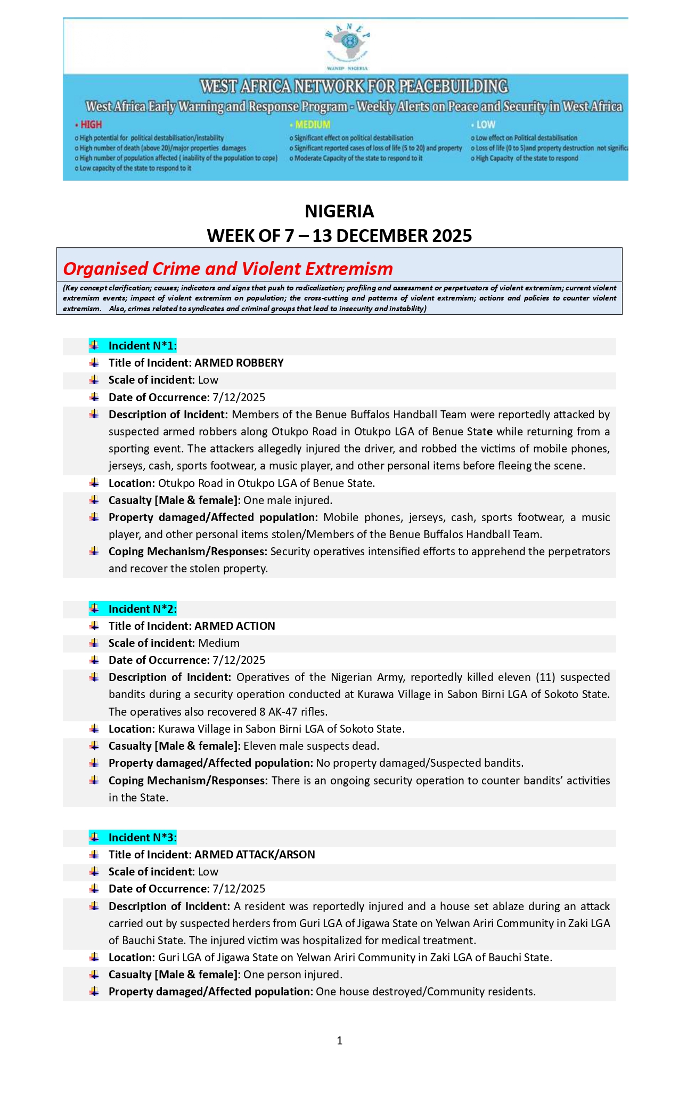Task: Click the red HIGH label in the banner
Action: click(x=91, y=125)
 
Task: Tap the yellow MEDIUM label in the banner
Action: click(x=313, y=125)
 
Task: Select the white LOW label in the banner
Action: click(x=486, y=125)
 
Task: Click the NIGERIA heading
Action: click(x=339, y=212)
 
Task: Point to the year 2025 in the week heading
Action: click(x=452, y=236)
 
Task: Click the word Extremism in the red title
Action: click(x=349, y=269)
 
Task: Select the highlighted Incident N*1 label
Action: click(x=142, y=346)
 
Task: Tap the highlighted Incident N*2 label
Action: click(x=142, y=609)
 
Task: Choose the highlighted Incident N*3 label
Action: click(x=142, y=837)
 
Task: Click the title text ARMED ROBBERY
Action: click(x=239, y=363)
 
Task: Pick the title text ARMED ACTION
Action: click(x=235, y=626)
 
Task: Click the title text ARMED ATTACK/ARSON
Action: click(x=255, y=854)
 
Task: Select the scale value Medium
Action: click(x=219, y=643)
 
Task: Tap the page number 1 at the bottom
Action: click(x=340, y=1041)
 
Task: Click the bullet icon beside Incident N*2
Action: click(x=94, y=608)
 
